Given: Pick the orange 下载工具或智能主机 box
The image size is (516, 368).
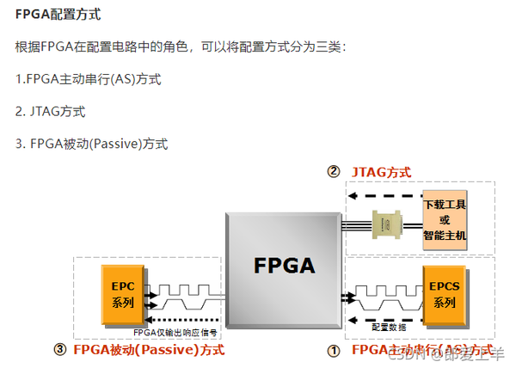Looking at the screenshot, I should click(x=444, y=221).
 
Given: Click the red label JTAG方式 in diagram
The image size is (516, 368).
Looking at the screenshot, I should click(x=381, y=172).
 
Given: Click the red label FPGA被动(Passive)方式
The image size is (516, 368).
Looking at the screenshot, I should click(x=149, y=350).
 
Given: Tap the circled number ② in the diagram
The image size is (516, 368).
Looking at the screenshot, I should click(x=333, y=171).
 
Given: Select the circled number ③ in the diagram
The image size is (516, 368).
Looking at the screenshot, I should click(x=59, y=350).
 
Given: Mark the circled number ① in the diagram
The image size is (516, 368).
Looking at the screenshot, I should click(x=335, y=351).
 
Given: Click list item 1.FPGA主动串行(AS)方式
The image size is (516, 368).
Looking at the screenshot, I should click(x=89, y=79).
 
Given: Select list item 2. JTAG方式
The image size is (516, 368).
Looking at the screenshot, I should click(x=50, y=112).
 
